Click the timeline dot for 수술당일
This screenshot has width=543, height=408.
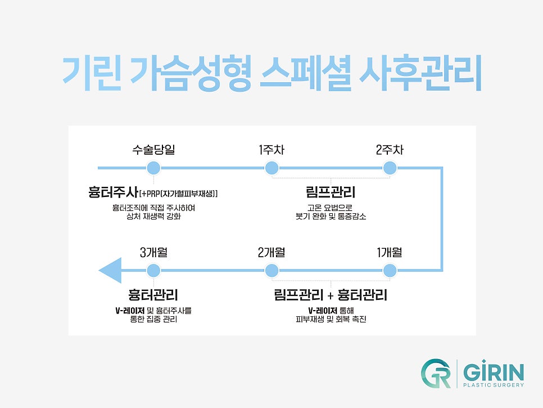[x=153, y=168]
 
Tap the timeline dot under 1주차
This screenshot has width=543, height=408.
[x=271, y=168]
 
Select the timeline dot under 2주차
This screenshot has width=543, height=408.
[x=390, y=168]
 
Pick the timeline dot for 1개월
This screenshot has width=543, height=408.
[x=390, y=271]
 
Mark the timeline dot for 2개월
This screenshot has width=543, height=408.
[x=271, y=271]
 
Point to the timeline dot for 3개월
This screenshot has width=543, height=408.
[x=153, y=271]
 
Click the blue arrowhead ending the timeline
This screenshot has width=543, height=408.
[x=110, y=271]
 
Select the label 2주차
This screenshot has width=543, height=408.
[x=390, y=150]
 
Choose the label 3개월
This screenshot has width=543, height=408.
[x=153, y=252]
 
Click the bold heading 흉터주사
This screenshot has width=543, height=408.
[x=113, y=192]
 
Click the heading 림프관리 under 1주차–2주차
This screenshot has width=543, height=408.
[x=331, y=192]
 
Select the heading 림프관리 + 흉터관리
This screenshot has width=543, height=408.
[x=331, y=295]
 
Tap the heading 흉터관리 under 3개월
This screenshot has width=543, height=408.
[x=153, y=295]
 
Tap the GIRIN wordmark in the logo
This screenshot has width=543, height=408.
[x=494, y=372]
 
